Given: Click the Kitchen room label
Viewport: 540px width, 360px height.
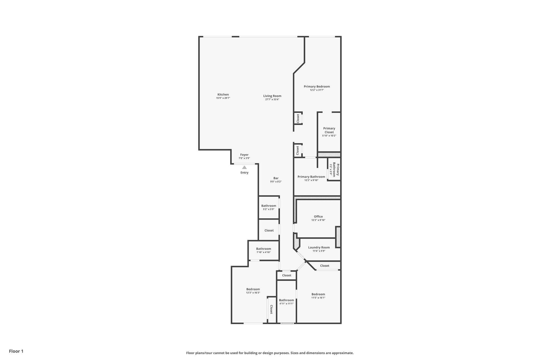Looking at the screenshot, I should [223, 94].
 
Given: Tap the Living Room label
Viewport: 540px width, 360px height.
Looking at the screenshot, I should [272, 96].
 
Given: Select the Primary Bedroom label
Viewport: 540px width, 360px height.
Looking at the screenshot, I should [317, 86].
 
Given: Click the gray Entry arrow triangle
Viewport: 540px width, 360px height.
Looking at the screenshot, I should [244, 167].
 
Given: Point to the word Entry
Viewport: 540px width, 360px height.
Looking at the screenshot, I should [244, 172].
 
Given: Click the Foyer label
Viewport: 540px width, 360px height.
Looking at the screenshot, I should [244, 155].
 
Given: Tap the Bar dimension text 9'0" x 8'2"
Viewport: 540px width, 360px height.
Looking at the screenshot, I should [276, 181].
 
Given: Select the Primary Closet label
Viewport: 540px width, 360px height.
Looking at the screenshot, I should [329, 130].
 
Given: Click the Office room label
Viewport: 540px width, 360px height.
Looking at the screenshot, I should [318, 217].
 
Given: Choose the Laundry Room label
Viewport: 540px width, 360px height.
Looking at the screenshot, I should [319, 247].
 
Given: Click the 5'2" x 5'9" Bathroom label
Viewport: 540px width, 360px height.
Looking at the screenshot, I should [269, 206].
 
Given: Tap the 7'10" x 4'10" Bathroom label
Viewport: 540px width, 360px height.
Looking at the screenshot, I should [263, 249].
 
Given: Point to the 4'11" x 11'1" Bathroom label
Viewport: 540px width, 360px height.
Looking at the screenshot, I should [286, 300].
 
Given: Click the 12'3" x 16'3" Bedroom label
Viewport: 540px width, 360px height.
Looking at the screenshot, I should [253, 289].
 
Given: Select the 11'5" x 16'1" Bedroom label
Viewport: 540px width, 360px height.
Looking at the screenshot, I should [318, 294].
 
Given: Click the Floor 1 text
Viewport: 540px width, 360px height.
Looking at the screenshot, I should [16, 351].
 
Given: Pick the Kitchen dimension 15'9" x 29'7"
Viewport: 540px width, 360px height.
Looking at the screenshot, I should [223, 98].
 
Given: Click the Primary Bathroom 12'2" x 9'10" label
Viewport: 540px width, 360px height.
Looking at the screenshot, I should [311, 177].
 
